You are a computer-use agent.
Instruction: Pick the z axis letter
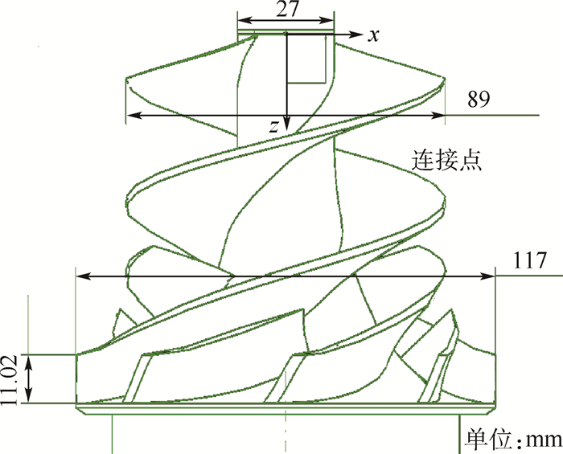(274, 125)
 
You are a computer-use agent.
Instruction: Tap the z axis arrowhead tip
(286, 132)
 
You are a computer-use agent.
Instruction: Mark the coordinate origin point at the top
(286, 34)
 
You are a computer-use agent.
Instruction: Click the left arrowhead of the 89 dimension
(129, 116)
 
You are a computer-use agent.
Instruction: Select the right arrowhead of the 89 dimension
(444, 116)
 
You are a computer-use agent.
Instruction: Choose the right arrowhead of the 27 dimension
(331, 22)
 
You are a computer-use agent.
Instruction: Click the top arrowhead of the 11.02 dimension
(30, 356)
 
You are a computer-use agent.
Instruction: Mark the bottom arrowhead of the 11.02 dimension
(30, 401)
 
